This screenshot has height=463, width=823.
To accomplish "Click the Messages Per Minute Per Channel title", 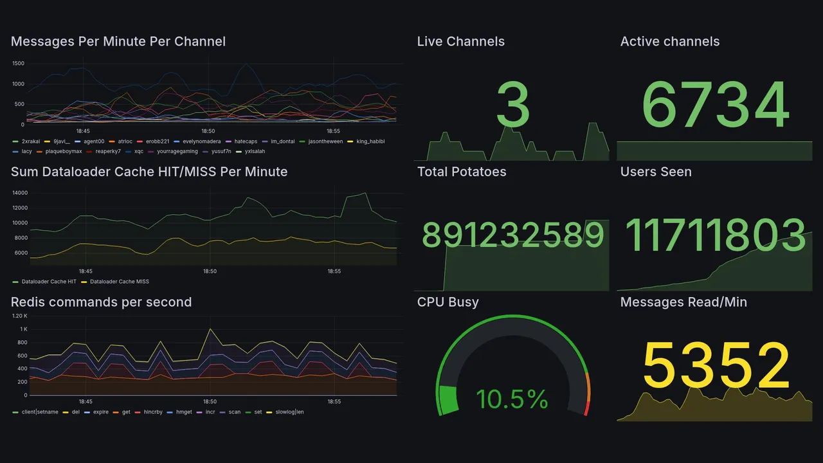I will click(x=118, y=42).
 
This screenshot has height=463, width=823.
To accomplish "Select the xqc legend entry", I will click(x=138, y=152).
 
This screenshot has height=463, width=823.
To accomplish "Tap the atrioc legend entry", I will click(x=124, y=141).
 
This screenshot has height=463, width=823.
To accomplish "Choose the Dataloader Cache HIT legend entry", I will click(x=48, y=282).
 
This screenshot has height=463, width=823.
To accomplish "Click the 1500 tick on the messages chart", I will click(x=18, y=64).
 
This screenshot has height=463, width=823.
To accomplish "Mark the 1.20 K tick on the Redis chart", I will click(x=20, y=316).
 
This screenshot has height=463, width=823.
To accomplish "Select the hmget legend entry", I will click(x=184, y=412).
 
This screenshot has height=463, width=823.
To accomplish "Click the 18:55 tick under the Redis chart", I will click(x=334, y=401).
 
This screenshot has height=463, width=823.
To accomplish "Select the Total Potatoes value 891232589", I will click(x=512, y=235).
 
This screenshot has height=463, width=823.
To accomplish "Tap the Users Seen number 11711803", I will click(x=715, y=235).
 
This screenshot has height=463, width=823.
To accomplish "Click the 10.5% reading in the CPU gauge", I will click(x=512, y=399).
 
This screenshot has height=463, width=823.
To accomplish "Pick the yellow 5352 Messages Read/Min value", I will click(x=715, y=365).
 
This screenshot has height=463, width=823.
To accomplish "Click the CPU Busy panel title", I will click(x=448, y=302).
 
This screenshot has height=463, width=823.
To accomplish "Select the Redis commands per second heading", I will click(x=101, y=302).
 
